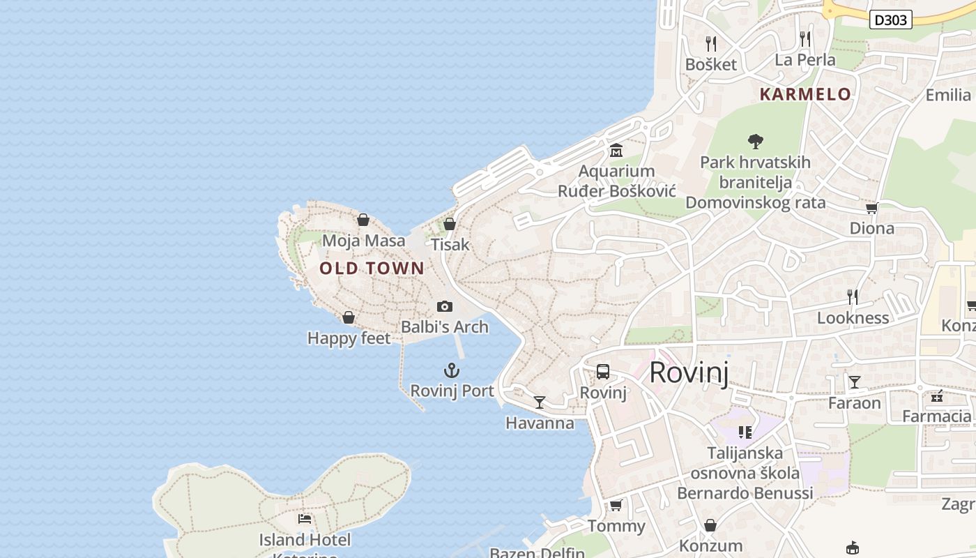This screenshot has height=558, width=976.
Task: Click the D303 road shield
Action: pos(891,20)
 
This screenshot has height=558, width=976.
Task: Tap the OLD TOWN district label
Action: pos(372,269)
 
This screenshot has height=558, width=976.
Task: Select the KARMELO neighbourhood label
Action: pos(805,94)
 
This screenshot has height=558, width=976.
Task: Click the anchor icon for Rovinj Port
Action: pos(452,370)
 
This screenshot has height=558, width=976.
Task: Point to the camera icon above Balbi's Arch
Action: pos(444,306)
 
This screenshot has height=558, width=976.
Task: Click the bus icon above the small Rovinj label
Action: pos(603,372)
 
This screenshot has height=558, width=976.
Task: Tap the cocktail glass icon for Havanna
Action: pos(540,402)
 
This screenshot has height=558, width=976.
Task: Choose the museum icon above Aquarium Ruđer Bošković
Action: pos(616,150)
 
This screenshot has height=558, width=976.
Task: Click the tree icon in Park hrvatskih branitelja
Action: pos(755,142)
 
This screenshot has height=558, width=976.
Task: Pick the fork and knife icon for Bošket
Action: pos(711,44)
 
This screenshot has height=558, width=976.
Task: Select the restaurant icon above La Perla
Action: pos(805,39)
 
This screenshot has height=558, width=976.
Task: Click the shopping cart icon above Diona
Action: pos(871,208)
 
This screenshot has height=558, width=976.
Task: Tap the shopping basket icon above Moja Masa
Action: pos(363,220)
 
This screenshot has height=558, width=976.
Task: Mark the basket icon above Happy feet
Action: pos(349,317)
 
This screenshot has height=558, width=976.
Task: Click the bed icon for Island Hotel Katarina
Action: pos(305,519)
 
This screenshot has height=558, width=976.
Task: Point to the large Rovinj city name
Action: pos(689,372)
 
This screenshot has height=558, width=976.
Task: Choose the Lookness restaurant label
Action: pos(853,318)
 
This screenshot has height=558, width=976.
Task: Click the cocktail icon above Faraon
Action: pos(854,382)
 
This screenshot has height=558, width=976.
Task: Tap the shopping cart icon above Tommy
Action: pos(616,505)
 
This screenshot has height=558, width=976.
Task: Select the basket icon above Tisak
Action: pos(450,224)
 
